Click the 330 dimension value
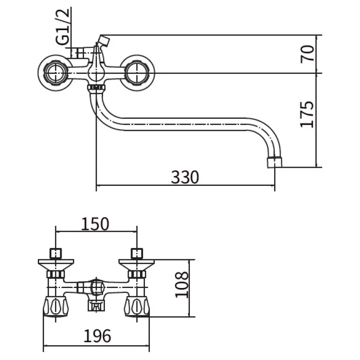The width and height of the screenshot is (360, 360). (185, 177)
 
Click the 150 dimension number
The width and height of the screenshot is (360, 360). (95, 223)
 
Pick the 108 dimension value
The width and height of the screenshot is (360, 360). (181, 284)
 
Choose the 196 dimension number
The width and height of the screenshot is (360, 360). (97, 336)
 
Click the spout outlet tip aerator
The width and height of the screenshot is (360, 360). (275, 162)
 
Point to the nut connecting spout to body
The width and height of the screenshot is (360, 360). (95, 86)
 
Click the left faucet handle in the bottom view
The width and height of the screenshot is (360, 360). (54, 307)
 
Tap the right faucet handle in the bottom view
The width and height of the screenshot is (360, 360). (137, 307)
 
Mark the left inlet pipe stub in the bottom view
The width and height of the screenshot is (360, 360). (55, 252)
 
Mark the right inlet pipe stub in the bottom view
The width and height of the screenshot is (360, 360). (137, 252)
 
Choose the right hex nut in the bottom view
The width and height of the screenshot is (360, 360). (137, 274)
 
